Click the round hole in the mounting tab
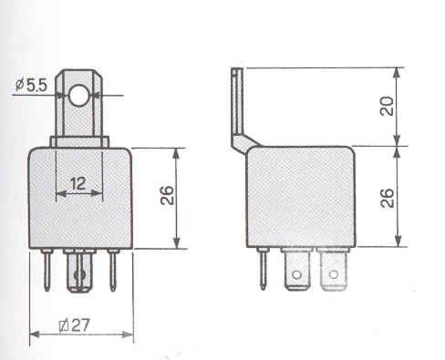click(79, 94)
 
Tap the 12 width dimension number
click(79, 182)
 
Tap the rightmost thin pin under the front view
click(113, 270)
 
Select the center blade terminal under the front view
click(80, 273)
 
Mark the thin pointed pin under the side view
click(263, 271)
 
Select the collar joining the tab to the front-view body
click(79, 141)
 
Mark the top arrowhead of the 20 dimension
click(398, 71)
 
